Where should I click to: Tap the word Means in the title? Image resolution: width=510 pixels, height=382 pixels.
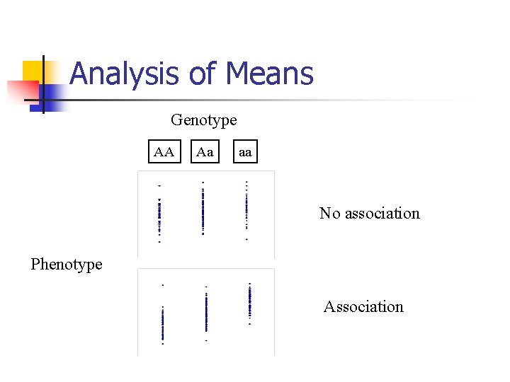coord(270,74)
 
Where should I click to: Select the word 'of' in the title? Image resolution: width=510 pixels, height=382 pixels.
coord(203,74)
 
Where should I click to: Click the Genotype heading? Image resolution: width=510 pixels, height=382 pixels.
coord(204,120)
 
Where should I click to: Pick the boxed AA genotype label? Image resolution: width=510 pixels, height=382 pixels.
coord(164,152)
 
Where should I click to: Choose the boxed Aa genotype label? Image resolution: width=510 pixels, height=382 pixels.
coord(205,152)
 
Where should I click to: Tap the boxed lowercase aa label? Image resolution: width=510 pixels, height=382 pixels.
coord(244,152)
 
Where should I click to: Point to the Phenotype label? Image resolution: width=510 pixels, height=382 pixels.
coord(67,265)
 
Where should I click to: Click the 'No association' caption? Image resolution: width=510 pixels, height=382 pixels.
coord(369,213)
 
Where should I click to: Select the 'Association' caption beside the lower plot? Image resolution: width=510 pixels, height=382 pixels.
coord(363,306)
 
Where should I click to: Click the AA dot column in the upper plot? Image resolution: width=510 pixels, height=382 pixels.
coord(159,216)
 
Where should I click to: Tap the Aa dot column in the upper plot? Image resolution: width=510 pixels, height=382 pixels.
coord(203,209)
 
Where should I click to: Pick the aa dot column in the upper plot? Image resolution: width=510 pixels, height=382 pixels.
coord(246,209)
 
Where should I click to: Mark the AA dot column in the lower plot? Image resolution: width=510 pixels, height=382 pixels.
coord(163,325)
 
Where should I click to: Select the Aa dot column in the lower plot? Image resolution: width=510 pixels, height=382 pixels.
coord(206,313)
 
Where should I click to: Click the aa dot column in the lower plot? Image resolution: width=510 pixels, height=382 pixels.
coord(250,302)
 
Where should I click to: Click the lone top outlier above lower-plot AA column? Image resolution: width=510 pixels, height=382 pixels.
coord(163,285)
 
